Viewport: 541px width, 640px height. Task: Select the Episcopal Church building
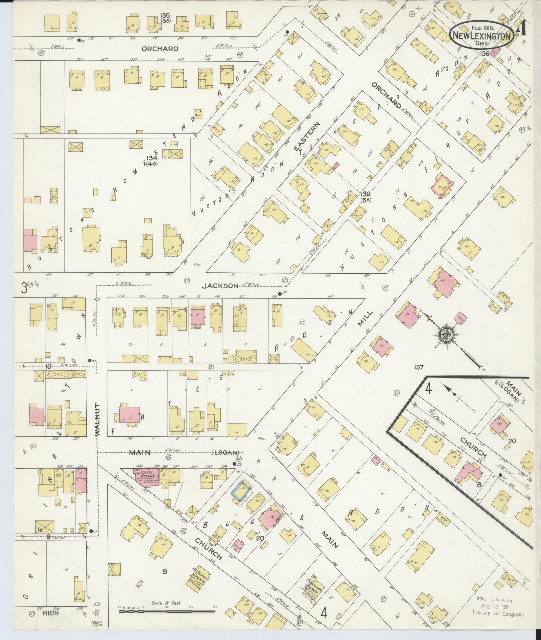point(147,477)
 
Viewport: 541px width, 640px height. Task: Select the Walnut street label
point(97,419)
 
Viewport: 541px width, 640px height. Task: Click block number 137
point(419,367)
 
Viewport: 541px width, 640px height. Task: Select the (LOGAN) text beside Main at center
point(226,452)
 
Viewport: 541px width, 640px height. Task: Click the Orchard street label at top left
point(160,49)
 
